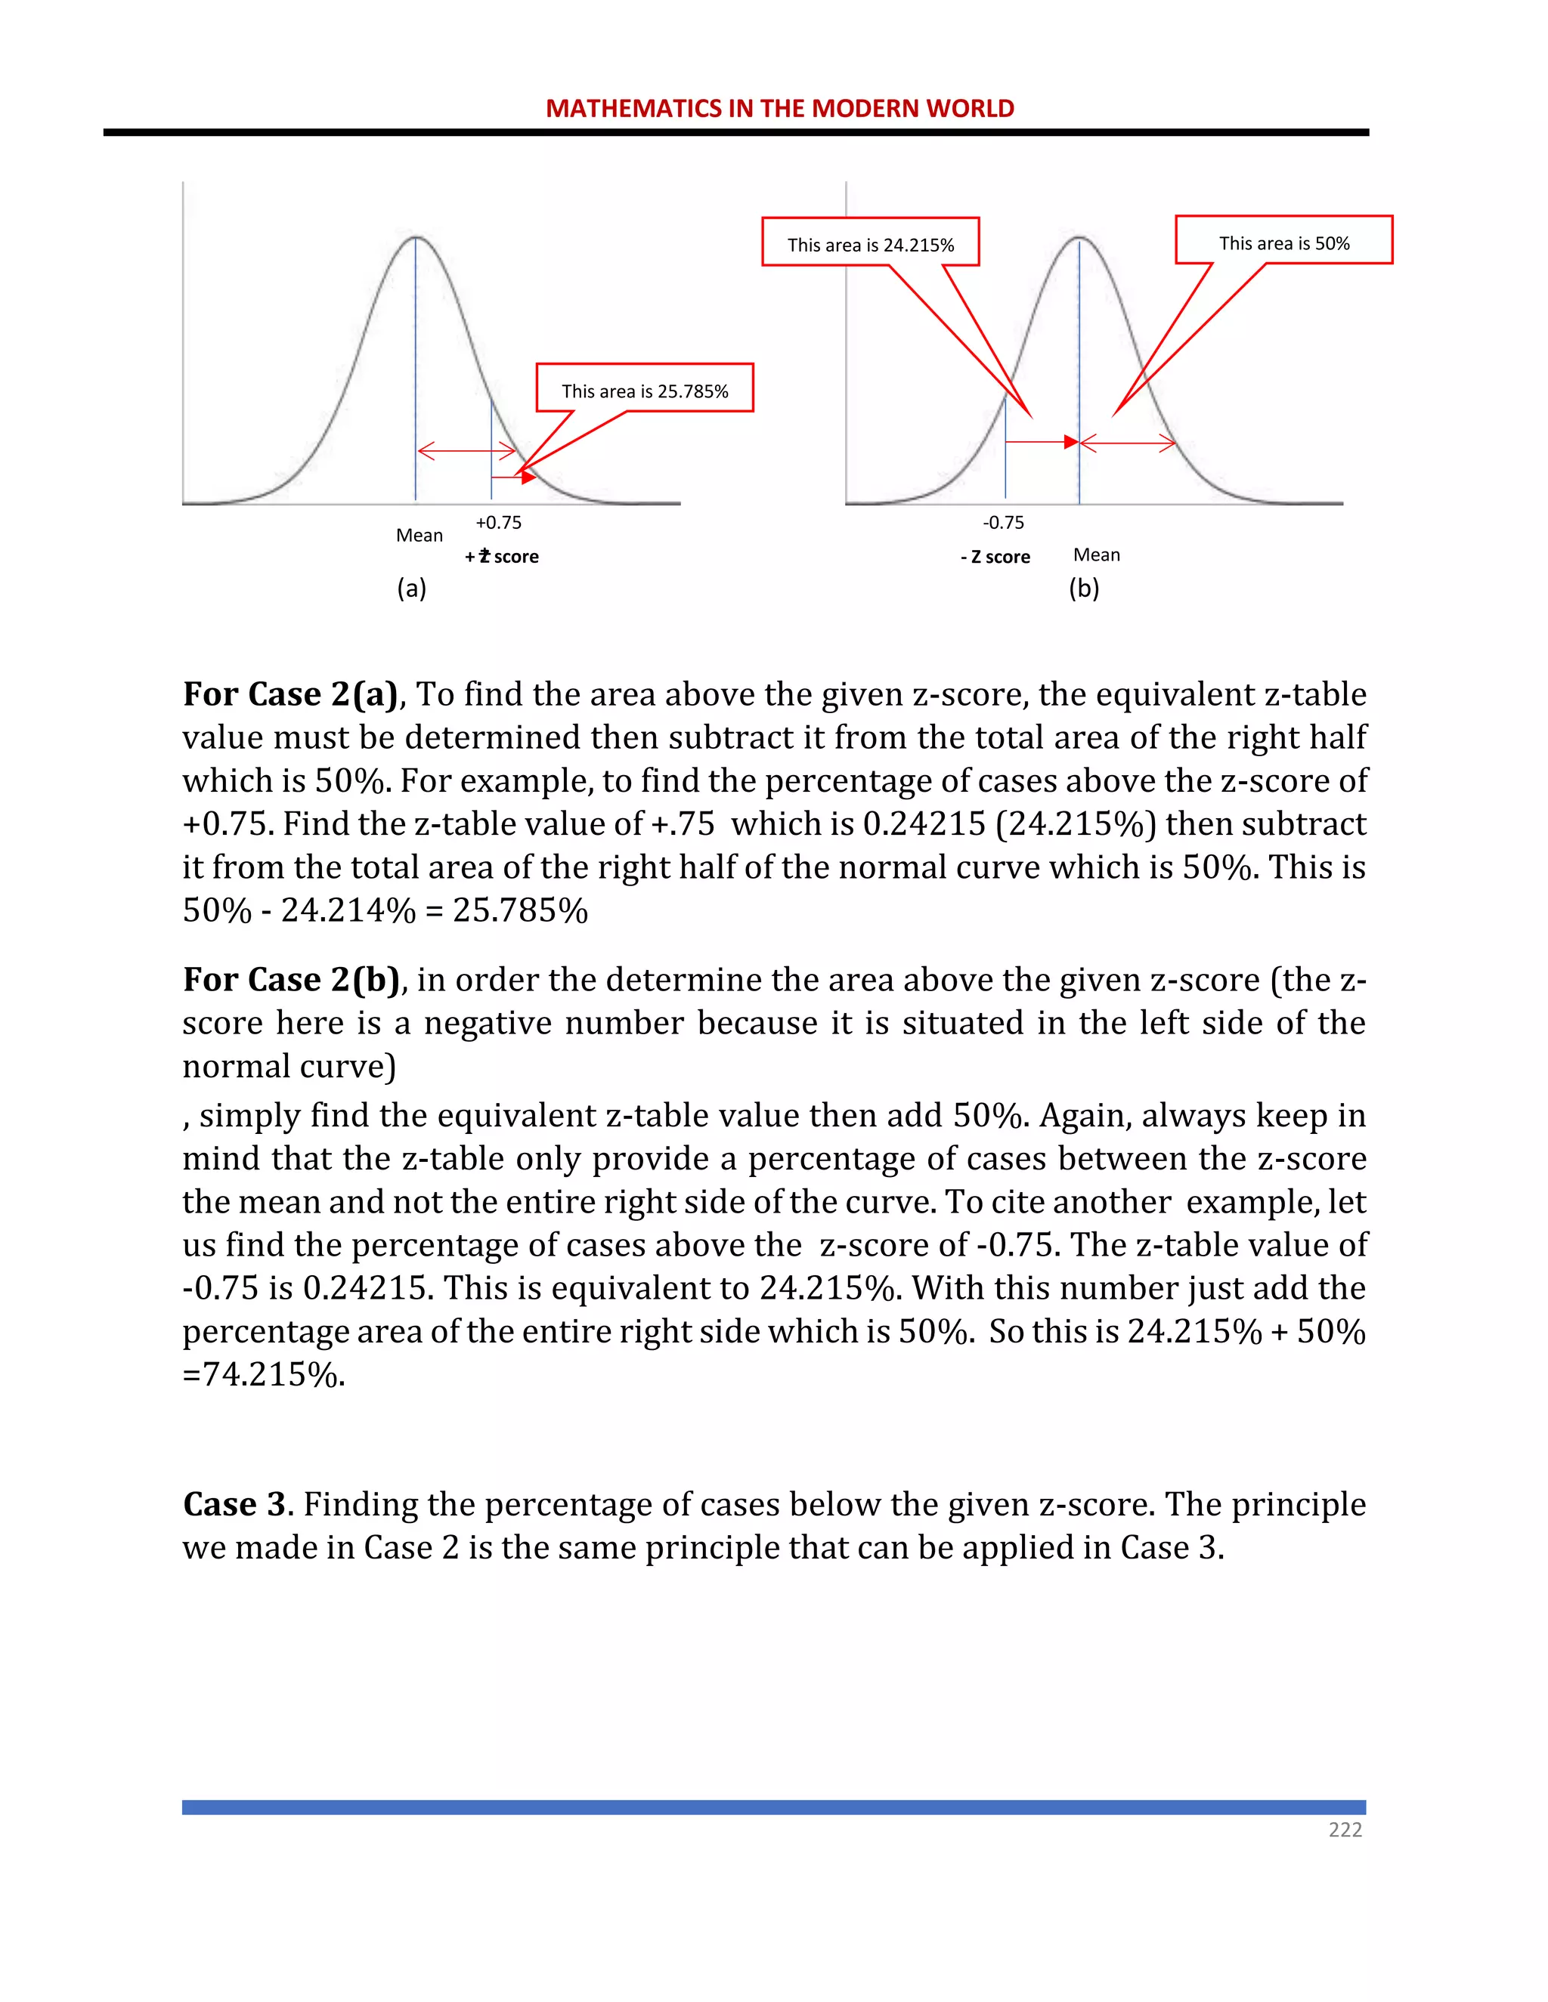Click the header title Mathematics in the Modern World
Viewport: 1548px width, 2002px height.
(x=779, y=108)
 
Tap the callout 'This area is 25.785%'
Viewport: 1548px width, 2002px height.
(x=645, y=391)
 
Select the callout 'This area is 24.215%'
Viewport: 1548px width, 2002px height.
(x=870, y=244)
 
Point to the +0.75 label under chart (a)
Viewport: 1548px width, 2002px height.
(x=498, y=523)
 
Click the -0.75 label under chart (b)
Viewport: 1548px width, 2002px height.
(x=1003, y=523)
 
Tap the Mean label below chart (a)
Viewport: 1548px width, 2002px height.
(x=419, y=536)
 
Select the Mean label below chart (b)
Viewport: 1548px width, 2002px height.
(x=1097, y=555)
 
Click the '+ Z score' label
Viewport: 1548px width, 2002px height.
(x=502, y=557)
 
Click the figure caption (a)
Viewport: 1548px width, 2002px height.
(x=412, y=589)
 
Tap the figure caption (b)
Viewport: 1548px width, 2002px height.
(x=1084, y=589)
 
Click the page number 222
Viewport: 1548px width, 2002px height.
(x=1345, y=1830)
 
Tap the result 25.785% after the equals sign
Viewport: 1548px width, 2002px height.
(x=520, y=910)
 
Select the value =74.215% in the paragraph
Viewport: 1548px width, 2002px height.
(x=264, y=1375)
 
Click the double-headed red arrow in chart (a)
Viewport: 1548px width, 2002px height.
(x=467, y=450)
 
